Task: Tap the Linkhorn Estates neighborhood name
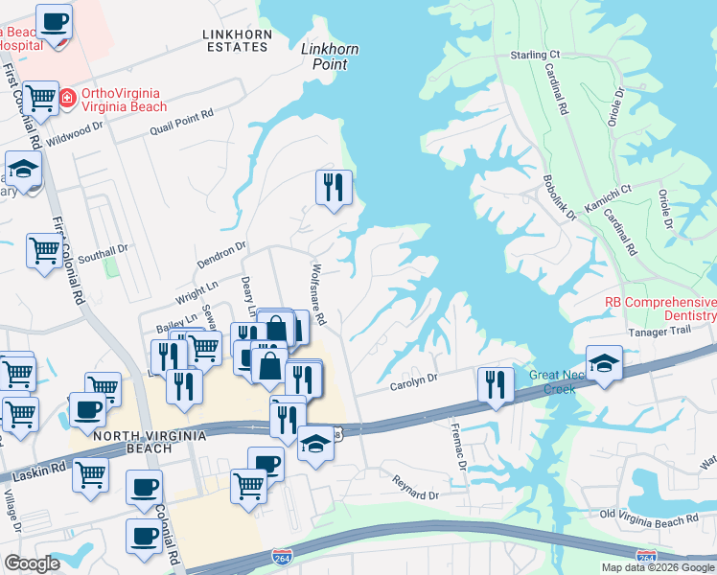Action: click(x=237, y=40)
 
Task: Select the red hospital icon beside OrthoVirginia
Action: click(x=67, y=97)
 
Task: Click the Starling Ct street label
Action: click(x=534, y=56)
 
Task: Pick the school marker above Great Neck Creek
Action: click(x=604, y=363)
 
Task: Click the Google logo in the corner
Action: click(x=32, y=563)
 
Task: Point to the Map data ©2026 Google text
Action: click(x=658, y=567)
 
